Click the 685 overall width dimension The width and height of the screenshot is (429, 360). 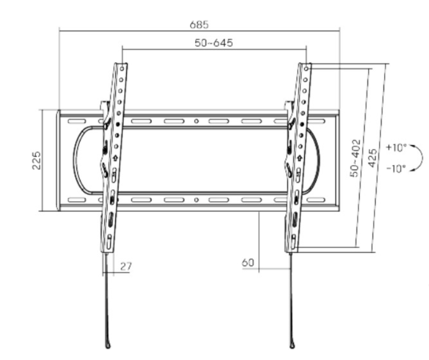199,24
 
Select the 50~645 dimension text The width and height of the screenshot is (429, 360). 214,43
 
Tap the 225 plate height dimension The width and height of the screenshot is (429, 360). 37,161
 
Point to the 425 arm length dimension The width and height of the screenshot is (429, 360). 372,158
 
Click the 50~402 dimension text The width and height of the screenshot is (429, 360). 355,158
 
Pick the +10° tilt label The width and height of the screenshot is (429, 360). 396,148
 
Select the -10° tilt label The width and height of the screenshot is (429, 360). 396,169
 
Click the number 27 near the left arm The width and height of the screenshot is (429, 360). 126,266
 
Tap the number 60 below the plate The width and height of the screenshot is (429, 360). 248,263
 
